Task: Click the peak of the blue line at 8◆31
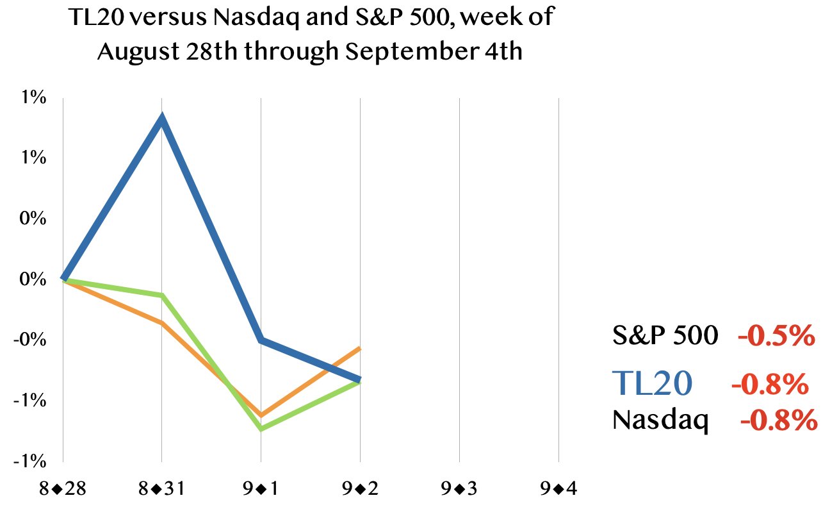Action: click(x=162, y=119)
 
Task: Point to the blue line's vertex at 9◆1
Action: click(x=261, y=340)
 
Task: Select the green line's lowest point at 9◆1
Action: click(x=261, y=429)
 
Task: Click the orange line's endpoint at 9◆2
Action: click(x=359, y=348)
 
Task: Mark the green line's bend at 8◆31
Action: click(x=162, y=295)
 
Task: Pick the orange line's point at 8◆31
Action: click(x=162, y=322)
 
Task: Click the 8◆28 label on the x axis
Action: click(x=63, y=488)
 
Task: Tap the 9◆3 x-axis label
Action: click(x=459, y=488)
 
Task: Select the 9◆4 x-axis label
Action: click(x=558, y=488)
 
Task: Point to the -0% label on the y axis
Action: click(x=30, y=340)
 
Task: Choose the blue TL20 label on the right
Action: click(x=652, y=383)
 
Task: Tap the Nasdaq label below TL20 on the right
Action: click(x=660, y=420)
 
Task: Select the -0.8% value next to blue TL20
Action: click(x=770, y=383)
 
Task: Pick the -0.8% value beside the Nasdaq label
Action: click(x=779, y=420)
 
